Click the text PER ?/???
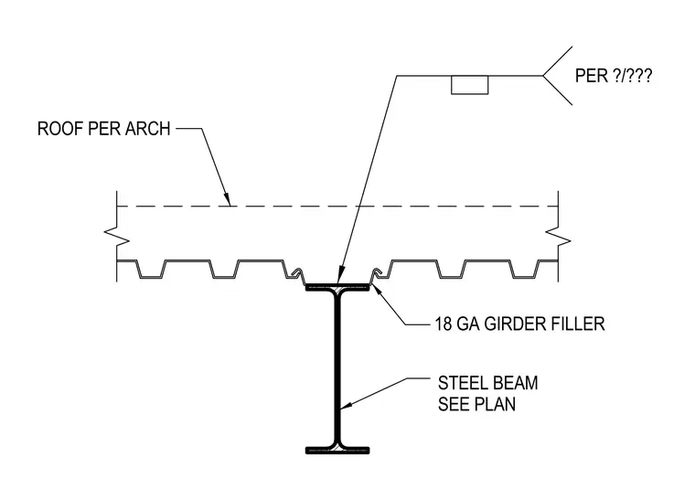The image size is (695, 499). [614, 76]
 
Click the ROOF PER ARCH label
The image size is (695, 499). [103, 129]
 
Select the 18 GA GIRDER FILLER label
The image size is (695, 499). [519, 324]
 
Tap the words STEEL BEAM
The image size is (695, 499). [488, 383]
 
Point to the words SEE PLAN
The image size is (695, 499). [477, 404]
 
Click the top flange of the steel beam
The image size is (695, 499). [337, 287]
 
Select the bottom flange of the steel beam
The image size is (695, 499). [337, 451]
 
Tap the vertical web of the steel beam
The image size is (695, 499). [337, 368]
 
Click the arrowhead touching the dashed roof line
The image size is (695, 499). [228, 200]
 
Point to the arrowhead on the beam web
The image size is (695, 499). [347, 405]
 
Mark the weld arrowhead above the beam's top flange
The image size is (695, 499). [339, 275]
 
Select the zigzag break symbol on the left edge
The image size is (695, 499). [117, 237]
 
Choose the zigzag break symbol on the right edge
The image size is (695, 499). [558, 237]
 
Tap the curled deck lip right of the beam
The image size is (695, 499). [378, 273]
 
